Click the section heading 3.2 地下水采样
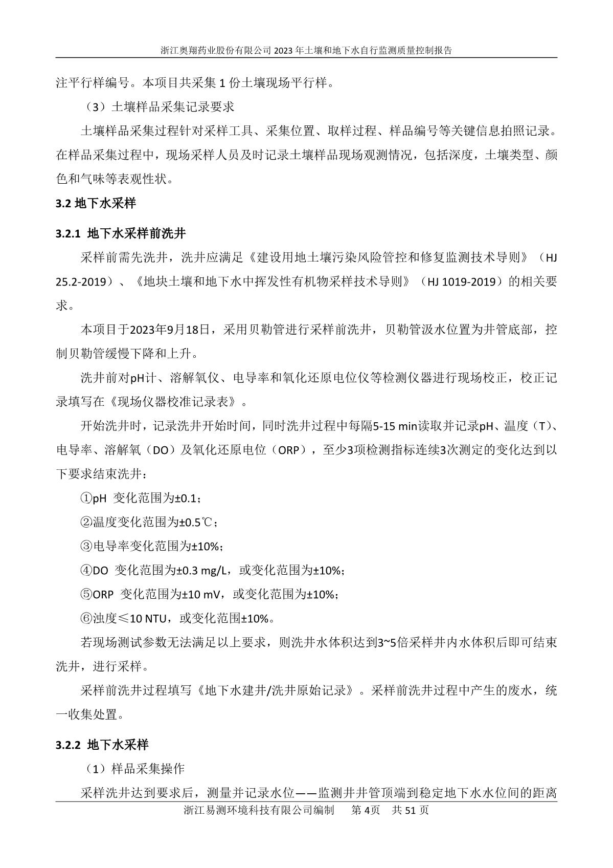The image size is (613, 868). point(96,203)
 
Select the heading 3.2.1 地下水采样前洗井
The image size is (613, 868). point(121,234)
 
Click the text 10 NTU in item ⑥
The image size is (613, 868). point(148,619)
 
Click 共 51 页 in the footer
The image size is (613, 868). point(410,811)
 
